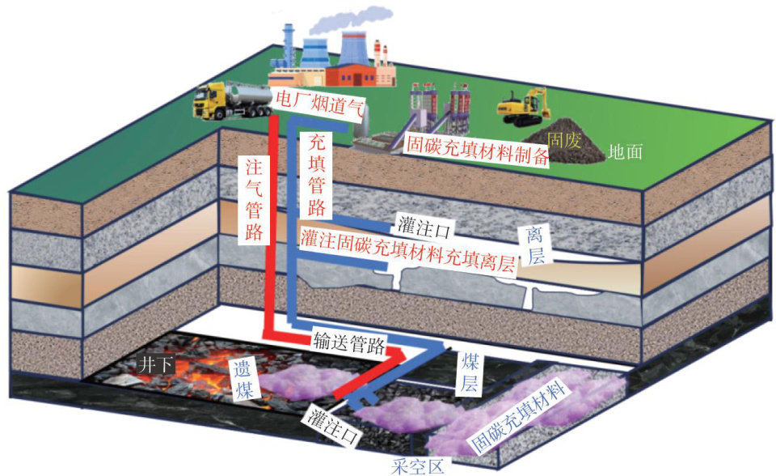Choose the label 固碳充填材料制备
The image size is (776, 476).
[477, 149]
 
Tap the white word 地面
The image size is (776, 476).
[625, 151]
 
